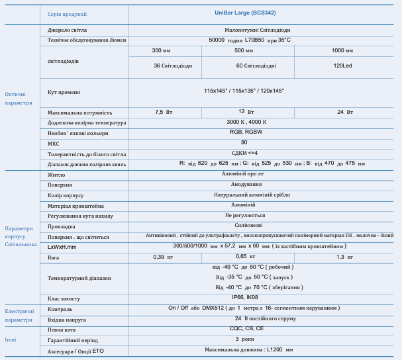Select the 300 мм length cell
tap(161, 50)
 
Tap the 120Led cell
tap(342, 66)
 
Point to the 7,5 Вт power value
tap(164, 112)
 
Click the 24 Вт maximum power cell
tap(344, 112)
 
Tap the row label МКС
tap(54, 143)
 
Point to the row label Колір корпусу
tap(66, 195)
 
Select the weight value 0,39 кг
tap(163, 257)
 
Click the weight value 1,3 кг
tap(344, 257)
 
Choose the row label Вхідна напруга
tap(68, 319)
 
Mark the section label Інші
tap(11, 339)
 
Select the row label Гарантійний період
tap(73, 339)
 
